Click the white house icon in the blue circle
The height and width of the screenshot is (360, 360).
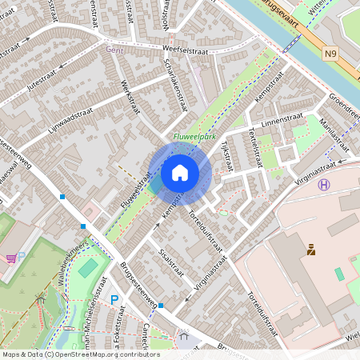point(180,172)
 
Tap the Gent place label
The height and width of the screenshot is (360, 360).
point(114,49)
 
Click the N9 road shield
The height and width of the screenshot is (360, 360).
point(331,54)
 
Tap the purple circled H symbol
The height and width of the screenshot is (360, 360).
point(323,185)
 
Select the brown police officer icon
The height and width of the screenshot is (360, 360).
point(310,250)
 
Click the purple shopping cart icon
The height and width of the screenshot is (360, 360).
point(11,258)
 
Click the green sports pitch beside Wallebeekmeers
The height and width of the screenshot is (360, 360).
point(89,264)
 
